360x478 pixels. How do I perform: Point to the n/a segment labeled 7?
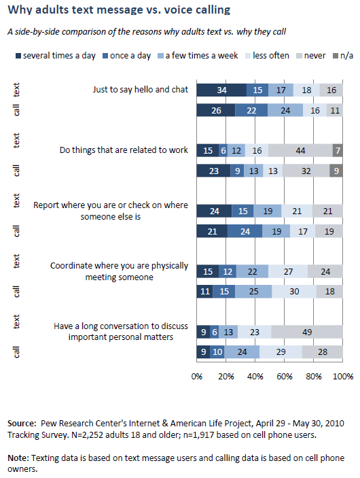[338, 150]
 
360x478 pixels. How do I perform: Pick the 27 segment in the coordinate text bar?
[287, 271]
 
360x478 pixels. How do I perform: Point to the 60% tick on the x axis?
[285, 376]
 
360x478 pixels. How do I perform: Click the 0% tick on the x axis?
[197, 376]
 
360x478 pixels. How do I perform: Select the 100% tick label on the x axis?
[343, 376]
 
